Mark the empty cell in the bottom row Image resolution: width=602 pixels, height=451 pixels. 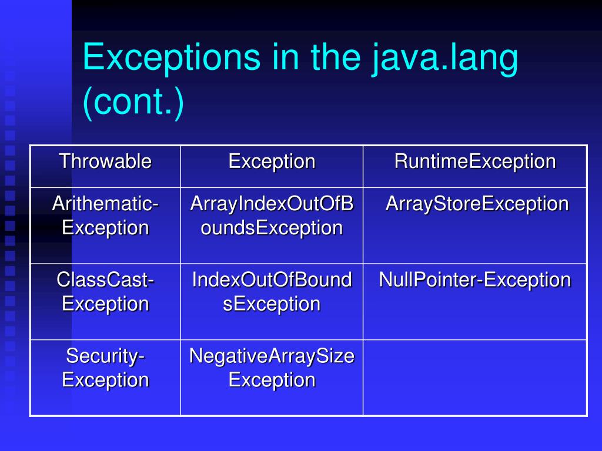click(x=474, y=378)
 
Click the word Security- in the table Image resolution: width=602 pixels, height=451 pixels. click(x=105, y=356)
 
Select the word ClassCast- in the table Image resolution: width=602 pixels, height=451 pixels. click(x=105, y=280)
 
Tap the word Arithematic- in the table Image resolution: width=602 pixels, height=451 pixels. click(x=105, y=204)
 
